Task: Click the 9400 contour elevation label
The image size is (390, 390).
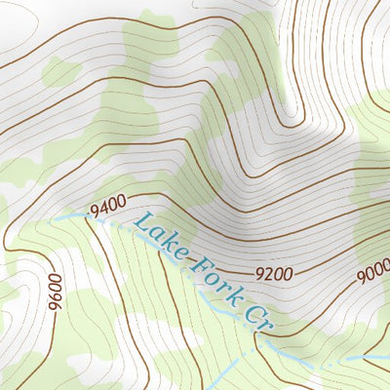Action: click(107, 208)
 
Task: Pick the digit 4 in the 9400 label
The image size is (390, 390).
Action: click(102, 209)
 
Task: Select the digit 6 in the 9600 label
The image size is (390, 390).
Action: click(56, 294)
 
